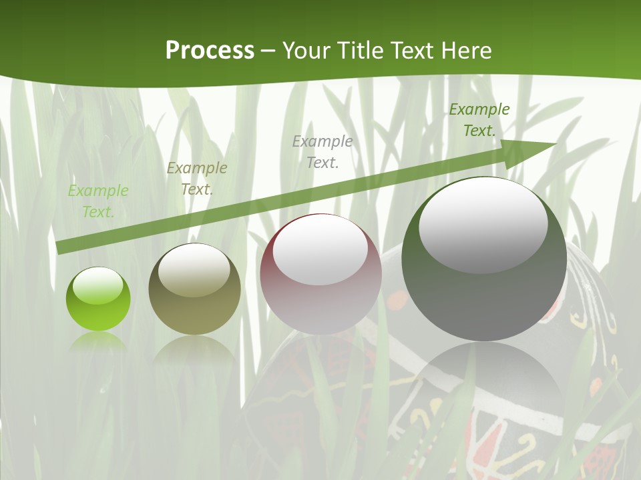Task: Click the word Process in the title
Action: tap(210, 51)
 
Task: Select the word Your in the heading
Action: tap(307, 51)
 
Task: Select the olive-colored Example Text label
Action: tap(197, 179)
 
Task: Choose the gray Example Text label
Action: tap(323, 151)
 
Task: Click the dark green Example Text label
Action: tap(479, 120)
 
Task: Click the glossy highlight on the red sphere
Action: tap(320, 250)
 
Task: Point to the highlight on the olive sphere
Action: tap(194, 271)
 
